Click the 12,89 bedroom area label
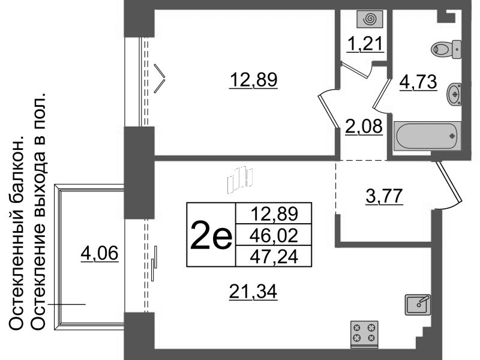point(253,80)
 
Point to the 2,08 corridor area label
point(364,126)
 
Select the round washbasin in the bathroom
point(455,93)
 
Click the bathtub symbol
point(427,136)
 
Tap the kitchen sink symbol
point(418,304)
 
